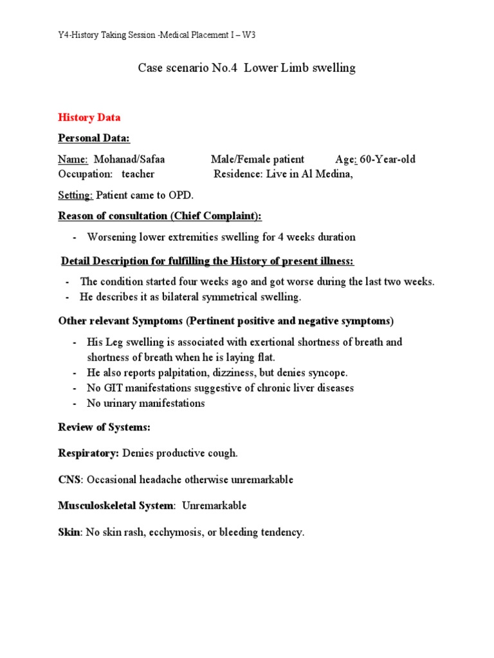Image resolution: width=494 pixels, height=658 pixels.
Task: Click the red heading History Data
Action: (89, 118)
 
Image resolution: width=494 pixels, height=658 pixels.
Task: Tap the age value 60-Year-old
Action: (388, 159)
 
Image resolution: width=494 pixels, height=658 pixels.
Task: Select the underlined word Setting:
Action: (76, 195)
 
